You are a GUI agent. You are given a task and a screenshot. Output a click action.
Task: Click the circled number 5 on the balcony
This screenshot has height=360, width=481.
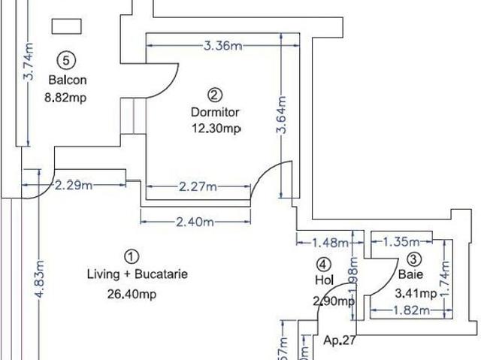click(68, 60)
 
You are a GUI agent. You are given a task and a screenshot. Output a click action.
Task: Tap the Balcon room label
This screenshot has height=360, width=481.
click(68, 80)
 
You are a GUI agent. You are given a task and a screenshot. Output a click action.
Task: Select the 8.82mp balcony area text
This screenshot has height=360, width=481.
click(68, 97)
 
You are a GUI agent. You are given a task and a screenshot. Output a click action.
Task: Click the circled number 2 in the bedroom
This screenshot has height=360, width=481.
click(215, 95)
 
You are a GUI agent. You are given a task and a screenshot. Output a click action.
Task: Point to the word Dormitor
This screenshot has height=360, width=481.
click(215, 112)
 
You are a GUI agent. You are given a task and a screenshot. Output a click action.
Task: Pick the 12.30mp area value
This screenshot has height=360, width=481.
click(216, 129)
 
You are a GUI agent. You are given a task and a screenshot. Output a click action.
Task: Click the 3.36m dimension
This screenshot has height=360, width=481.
click(222, 46)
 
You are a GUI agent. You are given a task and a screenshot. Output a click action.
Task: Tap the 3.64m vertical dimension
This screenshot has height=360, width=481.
click(283, 115)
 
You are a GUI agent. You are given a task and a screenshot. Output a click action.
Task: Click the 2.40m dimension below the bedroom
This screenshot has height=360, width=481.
click(196, 222)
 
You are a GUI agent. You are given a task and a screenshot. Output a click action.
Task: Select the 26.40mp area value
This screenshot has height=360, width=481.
click(131, 295)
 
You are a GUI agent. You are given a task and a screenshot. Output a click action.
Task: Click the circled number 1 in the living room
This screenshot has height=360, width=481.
click(130, 256)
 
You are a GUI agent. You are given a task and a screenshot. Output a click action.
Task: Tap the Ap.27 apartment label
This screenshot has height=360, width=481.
click(339, 340)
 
